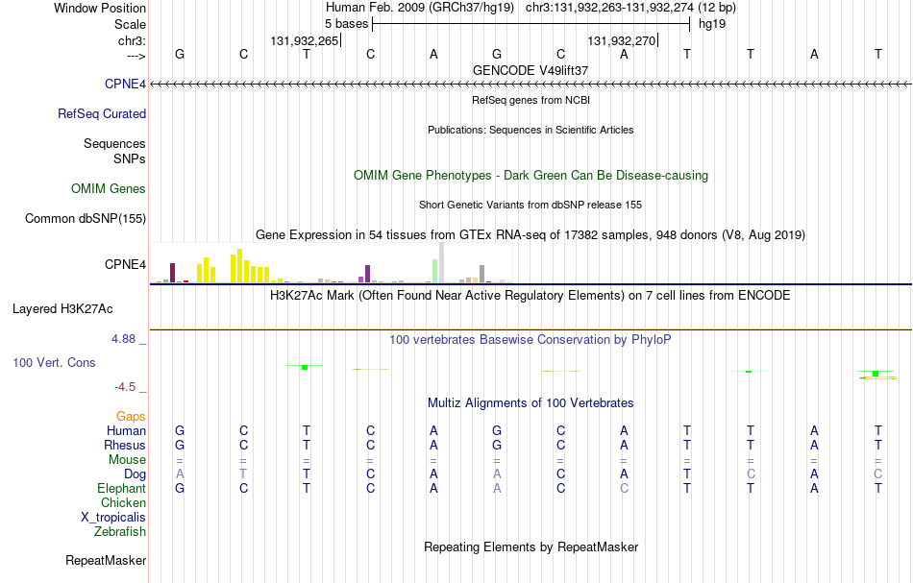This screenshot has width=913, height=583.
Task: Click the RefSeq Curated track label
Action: [102, 114]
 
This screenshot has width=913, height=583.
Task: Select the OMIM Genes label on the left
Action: [109, 188]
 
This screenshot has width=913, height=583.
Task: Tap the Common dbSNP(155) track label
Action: [86, 219]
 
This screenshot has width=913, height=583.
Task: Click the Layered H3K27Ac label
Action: [62, 309]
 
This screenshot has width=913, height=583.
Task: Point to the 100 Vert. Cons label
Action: [54, 362]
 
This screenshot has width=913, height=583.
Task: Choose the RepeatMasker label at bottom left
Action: [106, 560]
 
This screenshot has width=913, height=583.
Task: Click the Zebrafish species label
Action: [120, 532]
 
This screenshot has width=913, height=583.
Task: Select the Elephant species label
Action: [122, 489]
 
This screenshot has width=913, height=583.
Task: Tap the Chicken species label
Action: [123, 502]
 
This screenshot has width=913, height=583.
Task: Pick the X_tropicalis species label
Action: [113, 518]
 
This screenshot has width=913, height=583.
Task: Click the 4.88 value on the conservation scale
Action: [123, 339]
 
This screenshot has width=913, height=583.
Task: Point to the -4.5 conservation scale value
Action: [125, 387]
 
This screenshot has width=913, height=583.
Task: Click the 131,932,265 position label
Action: [304, 41]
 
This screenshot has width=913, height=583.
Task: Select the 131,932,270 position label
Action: [621, 41]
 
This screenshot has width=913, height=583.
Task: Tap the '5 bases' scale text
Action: [346, 24]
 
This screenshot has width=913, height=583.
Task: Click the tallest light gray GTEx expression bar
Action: [441, 262]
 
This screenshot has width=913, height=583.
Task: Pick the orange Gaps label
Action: [131, 417]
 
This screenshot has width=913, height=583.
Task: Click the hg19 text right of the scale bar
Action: [712, 24]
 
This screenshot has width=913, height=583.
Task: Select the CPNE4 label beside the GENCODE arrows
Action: [125, 85]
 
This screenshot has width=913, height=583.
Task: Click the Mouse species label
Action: [127, 460]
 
